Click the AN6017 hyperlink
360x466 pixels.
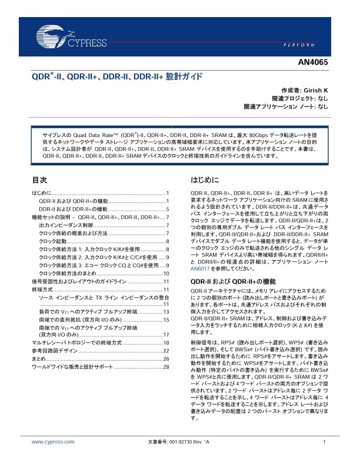coord(200,268)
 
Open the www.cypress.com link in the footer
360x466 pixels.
coord(53,441)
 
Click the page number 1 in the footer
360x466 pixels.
coord(325,441)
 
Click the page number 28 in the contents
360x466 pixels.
coord(166,367)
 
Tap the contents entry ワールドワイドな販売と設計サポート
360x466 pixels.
coord(72,367)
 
